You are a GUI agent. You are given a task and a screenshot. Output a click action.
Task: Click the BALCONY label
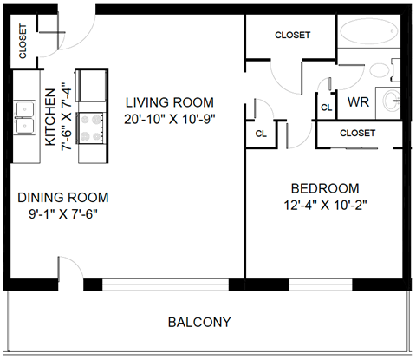[198, 323]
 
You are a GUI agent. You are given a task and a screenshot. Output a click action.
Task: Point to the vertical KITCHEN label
[49, 116]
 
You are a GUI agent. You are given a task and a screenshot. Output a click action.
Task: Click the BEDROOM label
[324, 188]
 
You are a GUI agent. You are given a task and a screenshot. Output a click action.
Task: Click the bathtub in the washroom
[368, 35]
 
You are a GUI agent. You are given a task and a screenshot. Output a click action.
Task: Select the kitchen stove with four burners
[91, 128]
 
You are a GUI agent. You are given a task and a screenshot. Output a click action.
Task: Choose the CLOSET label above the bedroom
[357, 134]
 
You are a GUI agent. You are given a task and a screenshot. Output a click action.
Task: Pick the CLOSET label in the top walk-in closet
[292, 36]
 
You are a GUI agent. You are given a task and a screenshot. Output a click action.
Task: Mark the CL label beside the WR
[326, 108]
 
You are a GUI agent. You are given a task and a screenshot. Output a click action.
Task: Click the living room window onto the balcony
[165, 284]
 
